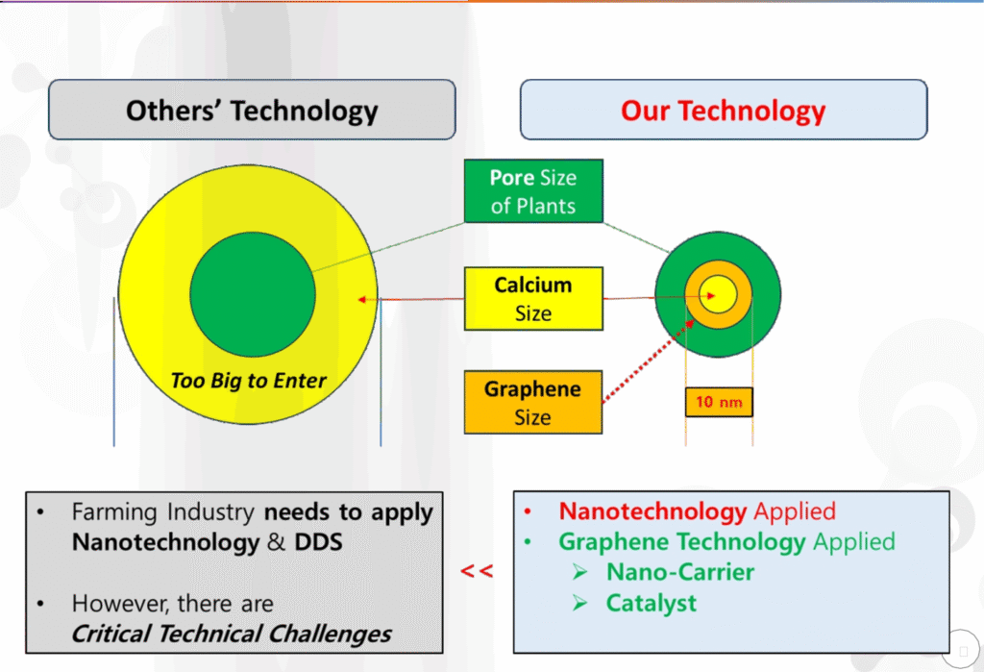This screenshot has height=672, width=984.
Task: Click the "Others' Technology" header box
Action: pyautogui.click(x=252, y=110)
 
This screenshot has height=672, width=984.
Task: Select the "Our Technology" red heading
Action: pyautogui.click(x=723, y=111)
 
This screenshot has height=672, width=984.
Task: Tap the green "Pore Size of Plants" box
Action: pyautogui.click(x=533, y=191)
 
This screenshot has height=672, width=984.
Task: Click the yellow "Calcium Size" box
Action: pyautogui.click(x=533, y=298)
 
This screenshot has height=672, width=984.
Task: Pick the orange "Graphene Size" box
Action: pyautogui.click(x=532, y=402)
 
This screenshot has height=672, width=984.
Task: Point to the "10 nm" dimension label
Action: pyautogui.click(x=719, y=402)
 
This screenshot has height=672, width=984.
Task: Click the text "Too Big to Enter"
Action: pyautogui.click(x=249, y=381)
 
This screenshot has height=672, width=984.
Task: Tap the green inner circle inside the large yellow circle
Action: pyautogui.click(x=253, y=294)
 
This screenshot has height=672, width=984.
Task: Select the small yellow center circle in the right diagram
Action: pyautogui.click(x=718, y=295)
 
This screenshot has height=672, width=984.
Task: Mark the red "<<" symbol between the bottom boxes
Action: pyautogui.click(x=477, y=571)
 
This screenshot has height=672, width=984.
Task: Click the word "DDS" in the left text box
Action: pyautogui.click(x=318, y=542)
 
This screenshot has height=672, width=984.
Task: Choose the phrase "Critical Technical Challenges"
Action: pyautogui.click(x=232, y=633)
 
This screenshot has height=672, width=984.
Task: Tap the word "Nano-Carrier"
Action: pyautogui.click(x=680, y=572)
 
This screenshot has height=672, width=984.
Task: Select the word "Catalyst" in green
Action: pyautogui.click(x=651, y=603)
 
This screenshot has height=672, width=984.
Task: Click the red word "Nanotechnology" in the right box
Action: pyautogui.click(x=652, y=511)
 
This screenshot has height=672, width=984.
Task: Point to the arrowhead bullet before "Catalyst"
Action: pyautogui.click(x=579, y=603)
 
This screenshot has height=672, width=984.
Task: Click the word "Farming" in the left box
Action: pyautogui.click(x=114, y=512)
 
